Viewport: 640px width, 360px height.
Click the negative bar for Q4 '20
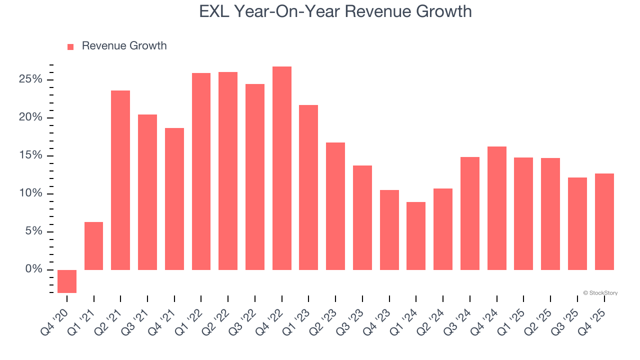click(67, 281)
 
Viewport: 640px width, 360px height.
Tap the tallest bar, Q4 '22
click(282, 168)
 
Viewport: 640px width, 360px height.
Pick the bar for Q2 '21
click(120, 180)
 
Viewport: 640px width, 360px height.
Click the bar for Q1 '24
click(416, 236)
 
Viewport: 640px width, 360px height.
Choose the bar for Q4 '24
click(497, 208)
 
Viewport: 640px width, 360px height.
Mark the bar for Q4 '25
click(604, 221)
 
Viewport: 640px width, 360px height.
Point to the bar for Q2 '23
click(335, 206)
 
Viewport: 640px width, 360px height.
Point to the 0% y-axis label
click(34, 269)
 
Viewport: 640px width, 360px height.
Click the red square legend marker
click(70, 46)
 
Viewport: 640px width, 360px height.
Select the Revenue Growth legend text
click(124, 46)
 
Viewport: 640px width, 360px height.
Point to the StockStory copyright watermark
click(600, 293)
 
